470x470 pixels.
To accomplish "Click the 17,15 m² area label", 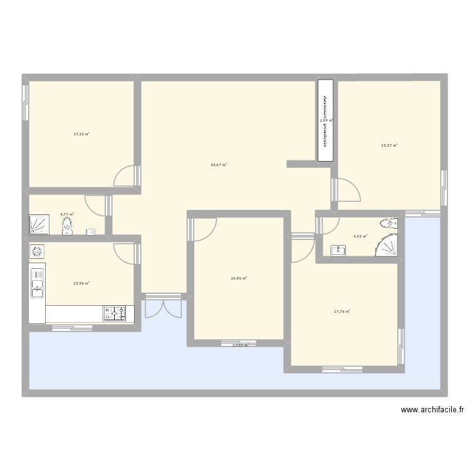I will [81, 134].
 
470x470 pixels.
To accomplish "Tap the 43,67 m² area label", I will [219, 165].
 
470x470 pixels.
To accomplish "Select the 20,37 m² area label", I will [389, 145].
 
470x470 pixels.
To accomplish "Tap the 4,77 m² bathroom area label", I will [67, 214].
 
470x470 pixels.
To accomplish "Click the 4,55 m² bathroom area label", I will [360, 236].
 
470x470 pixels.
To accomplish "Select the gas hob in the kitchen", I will [114, 312].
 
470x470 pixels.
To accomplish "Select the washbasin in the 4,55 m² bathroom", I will [339, 250].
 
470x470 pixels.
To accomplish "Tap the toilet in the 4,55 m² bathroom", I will [389, 223].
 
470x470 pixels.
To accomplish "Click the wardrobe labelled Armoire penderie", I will [325, 120].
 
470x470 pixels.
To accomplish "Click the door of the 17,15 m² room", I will [125, 175].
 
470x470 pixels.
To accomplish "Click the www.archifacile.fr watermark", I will [433, 410].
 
